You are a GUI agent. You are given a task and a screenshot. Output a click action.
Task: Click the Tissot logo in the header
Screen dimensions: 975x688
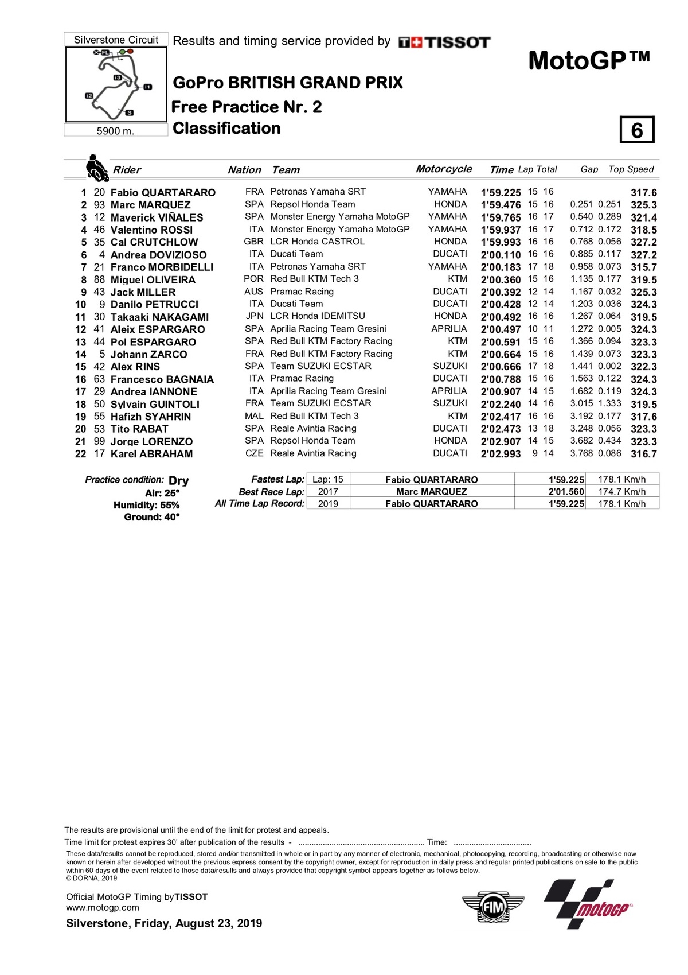pos(444,42)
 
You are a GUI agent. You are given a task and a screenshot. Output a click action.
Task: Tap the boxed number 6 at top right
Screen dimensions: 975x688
pos(636,130)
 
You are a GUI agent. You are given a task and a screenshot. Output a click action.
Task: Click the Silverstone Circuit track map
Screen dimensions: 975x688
pos(116,84)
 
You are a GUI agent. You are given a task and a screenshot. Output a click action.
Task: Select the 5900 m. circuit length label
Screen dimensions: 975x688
pos(115,131)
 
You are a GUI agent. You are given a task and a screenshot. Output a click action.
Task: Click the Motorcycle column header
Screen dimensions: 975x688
pos(444,169)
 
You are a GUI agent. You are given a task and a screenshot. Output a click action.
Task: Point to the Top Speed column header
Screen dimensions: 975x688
pos(631,169)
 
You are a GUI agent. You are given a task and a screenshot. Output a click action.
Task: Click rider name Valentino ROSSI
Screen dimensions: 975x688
pos(151,230)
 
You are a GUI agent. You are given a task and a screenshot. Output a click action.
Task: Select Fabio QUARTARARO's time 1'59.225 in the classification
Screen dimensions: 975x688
pos(501,193)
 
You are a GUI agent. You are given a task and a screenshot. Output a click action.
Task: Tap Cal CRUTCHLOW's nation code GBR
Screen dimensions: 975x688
pos(253,242)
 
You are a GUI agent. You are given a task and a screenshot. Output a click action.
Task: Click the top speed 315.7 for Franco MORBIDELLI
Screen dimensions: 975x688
pos(643,267)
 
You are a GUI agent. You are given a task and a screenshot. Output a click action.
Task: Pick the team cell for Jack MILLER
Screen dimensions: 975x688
pos(302,292)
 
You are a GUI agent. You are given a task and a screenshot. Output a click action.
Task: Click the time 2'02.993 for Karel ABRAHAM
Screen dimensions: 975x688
pos(501,454)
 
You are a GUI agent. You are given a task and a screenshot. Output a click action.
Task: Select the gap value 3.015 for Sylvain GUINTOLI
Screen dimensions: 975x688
pos(581,403)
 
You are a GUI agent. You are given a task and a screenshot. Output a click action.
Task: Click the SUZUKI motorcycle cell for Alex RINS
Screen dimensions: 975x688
pos(450,366)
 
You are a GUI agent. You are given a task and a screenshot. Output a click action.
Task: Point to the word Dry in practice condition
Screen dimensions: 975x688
pos(178,480)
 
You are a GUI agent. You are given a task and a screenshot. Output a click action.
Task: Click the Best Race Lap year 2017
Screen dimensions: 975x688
pos(328,492)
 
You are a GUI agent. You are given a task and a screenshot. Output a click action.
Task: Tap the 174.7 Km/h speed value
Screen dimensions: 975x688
pos(621,492)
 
